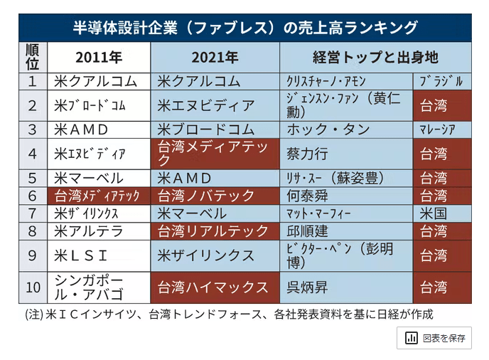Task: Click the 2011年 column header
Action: click(x=98, y=57)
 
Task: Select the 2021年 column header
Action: click(x=215, y=57)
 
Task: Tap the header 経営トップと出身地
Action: click(x=375, y=57)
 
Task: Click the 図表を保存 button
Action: click(x=434, y=338)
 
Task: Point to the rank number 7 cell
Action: click(x=32, y=213)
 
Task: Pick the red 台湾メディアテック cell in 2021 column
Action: click(x=215, y=154)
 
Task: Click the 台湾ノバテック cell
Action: click(x=215, y=196)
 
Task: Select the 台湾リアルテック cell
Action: click(x=215, y=231)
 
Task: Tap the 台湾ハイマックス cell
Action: click(x=215, y=287)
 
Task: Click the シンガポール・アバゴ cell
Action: click(x=98, y=287)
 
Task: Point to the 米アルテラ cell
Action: click(x=98, y=231)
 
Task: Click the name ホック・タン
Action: click(x=328, y=129)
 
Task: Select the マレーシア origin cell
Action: click(x=441, y=129)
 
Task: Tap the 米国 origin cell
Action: click(x=441, y=213)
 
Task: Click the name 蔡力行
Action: click(x=307, y=154)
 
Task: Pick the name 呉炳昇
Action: click(x=307, y=287)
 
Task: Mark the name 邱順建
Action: click(x=307, y=231)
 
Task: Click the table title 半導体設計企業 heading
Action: click(x=244, y=28)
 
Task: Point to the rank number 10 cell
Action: click(x=32, y=287)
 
